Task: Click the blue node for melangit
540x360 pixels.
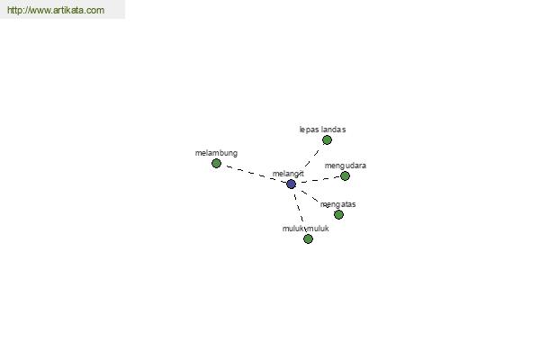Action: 291,184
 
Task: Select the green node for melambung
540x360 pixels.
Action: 216,163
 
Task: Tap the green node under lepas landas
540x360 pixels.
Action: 327,139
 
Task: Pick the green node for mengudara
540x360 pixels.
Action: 345,176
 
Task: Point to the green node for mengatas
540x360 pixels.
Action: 338,214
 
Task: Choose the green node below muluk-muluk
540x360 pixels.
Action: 308,238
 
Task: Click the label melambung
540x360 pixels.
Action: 216,153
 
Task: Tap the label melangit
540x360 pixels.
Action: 288,174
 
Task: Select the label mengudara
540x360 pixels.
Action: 346,166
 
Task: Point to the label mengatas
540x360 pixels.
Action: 337,204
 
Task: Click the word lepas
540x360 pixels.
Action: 309,130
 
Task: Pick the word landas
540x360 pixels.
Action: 333,130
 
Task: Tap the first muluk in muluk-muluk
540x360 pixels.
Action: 293,229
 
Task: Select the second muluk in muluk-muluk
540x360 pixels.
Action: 318,229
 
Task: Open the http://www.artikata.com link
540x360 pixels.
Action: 56,10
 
